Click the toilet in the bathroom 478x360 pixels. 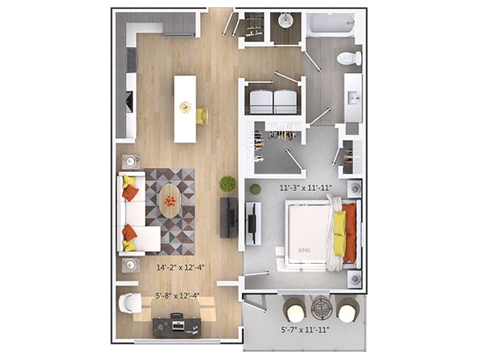coord(349,58)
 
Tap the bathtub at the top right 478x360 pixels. coord(330,24)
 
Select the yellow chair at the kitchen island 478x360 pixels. coord(202,116)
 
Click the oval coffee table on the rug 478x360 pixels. coord(170,201)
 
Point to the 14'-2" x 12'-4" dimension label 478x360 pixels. coord(180,267)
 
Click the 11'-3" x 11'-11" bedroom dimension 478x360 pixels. coord(306,188)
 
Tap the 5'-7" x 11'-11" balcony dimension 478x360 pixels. coord(304,330)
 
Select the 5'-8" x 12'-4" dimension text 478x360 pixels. coord(178,295)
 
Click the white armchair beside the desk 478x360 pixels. coord(130,303)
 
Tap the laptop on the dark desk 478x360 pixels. coord(178,326)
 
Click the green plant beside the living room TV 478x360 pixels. coord(227,184)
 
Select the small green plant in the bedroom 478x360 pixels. coord(255,190)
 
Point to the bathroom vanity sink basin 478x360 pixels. coord(354,98)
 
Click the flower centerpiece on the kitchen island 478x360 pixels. coord(185,107)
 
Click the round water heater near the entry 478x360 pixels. coord(285,20)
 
